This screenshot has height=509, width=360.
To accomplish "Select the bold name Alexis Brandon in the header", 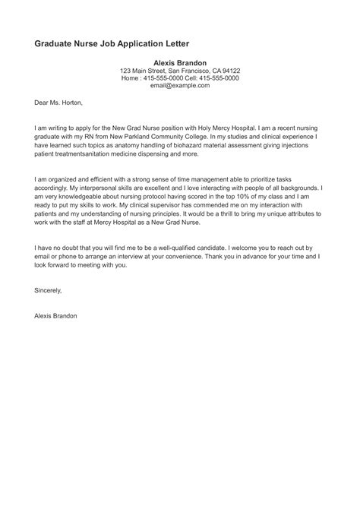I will click(x=180, y=62).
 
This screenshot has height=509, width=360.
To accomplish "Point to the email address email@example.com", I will click(x=180, y=87).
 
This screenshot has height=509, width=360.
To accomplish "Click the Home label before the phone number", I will click(x=130, y=78).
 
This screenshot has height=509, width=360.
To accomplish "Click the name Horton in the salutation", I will click(x=68, y=103).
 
